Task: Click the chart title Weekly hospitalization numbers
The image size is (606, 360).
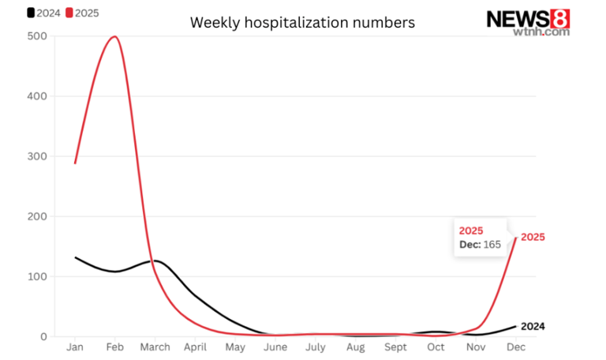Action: [302, 23]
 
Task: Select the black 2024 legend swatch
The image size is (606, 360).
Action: [31, 13]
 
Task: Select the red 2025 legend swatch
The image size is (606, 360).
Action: [69, 13]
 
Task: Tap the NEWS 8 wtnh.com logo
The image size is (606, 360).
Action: [528, 21]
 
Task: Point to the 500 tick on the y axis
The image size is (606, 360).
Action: [36, 36]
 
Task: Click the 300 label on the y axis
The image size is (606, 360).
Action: [36, 156]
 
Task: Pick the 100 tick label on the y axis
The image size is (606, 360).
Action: [36, 276]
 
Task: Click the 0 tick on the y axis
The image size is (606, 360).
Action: [43, 336]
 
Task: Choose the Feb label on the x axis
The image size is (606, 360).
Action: [115, 348]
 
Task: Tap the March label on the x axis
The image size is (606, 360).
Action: [155, 348]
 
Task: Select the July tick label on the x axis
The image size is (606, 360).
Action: [315, 348]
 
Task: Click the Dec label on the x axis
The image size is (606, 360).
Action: [515, 348]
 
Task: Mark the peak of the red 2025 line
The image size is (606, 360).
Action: [115, 36]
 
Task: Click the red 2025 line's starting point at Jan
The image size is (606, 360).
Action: [75, 163]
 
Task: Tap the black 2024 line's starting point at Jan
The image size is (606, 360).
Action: [75, 257]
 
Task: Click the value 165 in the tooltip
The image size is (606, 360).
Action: [492, 246]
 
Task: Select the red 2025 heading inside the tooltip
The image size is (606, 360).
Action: [471, 231]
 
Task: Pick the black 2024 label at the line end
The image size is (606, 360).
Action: [533, 326]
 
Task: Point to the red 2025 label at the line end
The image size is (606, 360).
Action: [533, 237]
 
